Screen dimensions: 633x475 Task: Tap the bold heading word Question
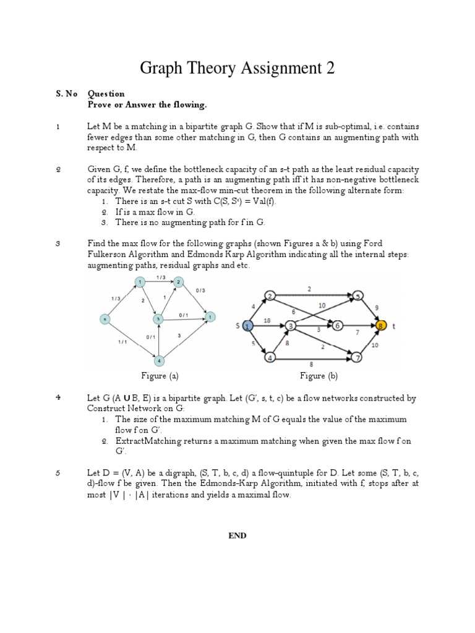coord(106,94)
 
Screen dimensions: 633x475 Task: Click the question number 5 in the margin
coord(58,474)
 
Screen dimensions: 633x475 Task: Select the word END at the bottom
coord(237,536)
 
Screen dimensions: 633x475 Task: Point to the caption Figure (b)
coord(319,375)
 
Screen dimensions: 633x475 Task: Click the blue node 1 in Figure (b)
coord(247,325)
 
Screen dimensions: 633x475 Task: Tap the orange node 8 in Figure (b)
coord(380,325)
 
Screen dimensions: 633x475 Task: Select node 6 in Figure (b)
coord(338,325)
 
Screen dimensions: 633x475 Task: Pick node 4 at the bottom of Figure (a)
coord(159,360)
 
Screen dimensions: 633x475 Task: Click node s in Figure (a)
coord(106,319)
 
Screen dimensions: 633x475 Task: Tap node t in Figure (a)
coord(210,316)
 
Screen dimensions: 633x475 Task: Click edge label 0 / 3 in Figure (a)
coord(200,290)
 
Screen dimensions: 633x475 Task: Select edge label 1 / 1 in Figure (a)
coord(121,340)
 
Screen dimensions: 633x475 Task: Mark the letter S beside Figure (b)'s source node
coord(236,325)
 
